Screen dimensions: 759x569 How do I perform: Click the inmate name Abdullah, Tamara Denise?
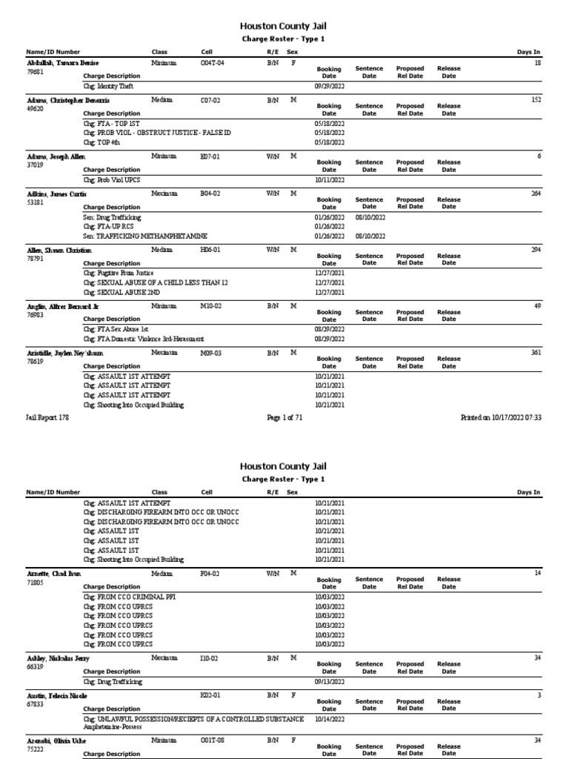click(62, 64)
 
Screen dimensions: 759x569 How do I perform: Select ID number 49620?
click(35, 108)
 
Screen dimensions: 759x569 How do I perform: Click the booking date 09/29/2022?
click(330, 86)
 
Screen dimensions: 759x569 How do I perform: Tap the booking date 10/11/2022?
click(330, 180)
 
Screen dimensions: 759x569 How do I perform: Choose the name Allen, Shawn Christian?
click(59, 251)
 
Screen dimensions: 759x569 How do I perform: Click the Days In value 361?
click(536, 354)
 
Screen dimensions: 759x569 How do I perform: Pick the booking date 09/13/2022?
click(330, 682)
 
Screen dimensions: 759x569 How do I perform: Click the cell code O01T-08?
click(212, 740)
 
